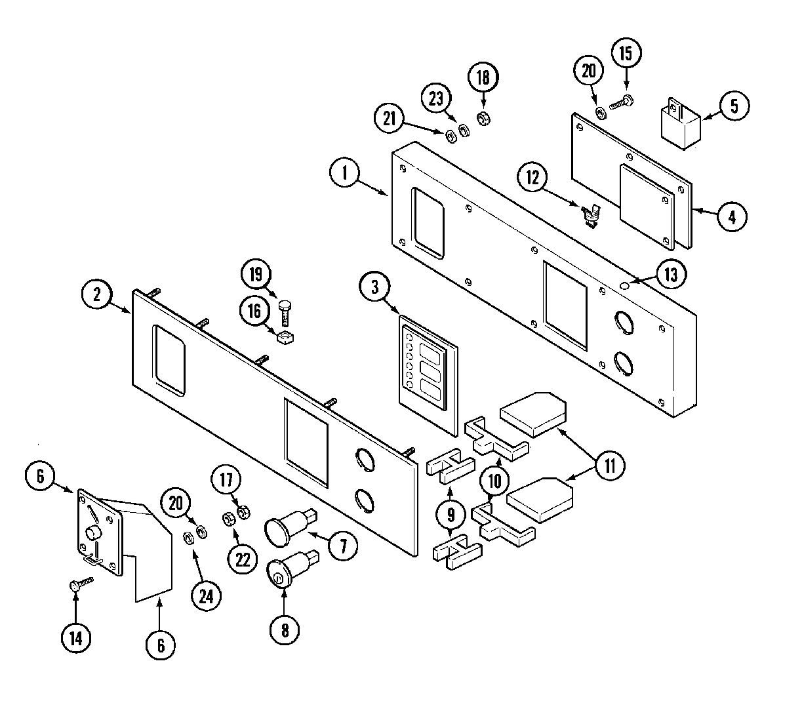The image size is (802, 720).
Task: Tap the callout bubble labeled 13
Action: click(x=671, y=274)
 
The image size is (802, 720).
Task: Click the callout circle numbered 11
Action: click(x=610, y=466)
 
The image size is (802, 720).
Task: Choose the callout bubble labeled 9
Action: click(x=451, y=516)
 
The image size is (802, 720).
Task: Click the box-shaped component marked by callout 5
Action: click(x=679, y=125)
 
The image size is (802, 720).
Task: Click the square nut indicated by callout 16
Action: click(x=285, y=338)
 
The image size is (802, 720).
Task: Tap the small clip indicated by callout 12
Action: click(x=592, y=214)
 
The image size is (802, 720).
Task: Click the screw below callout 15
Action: click(x=621, y=102)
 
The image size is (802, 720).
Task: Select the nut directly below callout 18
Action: click(x=483, y=119)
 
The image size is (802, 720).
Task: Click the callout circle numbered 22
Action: click(x=243, y=559)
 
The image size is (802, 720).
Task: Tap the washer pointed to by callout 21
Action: click(x=451, y=136)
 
